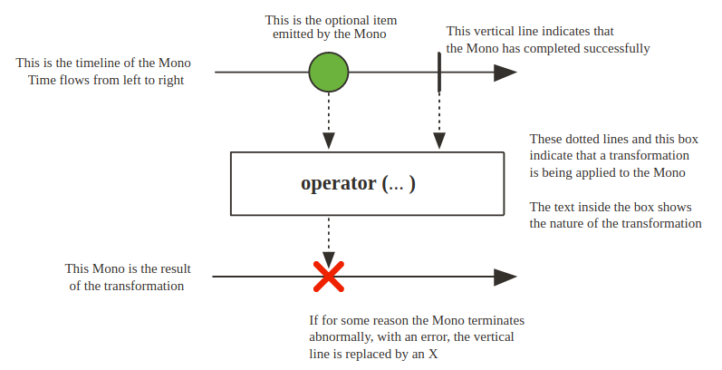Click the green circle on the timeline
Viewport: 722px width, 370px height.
point(329,73)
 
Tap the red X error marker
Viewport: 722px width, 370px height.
point(328,277)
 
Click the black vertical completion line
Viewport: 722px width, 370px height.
point(439,72)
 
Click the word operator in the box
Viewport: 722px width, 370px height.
point(338,183)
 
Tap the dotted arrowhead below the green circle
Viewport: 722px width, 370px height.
point(329,141)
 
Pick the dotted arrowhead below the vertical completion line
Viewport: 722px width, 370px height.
point(439,141)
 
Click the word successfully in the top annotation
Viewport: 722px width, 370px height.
point(613,48)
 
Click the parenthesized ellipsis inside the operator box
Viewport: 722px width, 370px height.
point(399,183)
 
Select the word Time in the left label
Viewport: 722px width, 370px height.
point(43,80)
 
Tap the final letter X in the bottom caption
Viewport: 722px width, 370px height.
point(433,353)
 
